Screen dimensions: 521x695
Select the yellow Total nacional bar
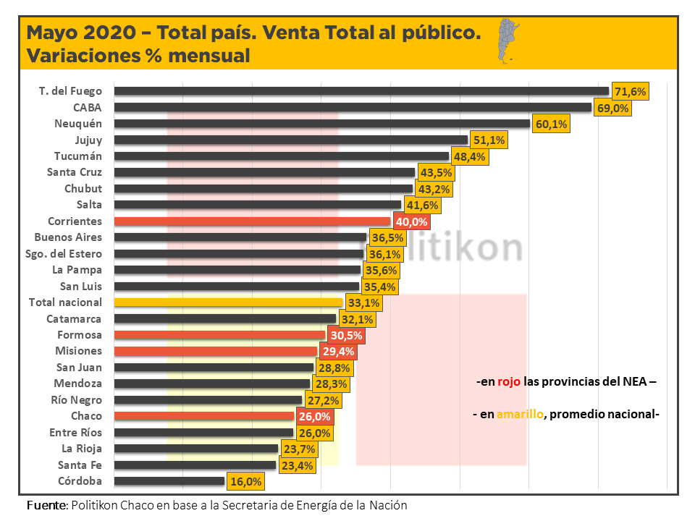click(228, 302)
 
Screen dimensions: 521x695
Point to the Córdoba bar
click(169, 481)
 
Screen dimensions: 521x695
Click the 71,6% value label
click(630, 92)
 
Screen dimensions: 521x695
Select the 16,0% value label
click(245, 481)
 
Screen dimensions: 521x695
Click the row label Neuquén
click(78, 124)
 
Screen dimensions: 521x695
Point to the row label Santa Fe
click(80, 465)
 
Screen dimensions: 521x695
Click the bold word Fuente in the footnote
click(46, 505)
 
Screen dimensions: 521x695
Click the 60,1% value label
click(551, 124)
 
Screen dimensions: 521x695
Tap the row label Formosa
click(80, 335)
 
